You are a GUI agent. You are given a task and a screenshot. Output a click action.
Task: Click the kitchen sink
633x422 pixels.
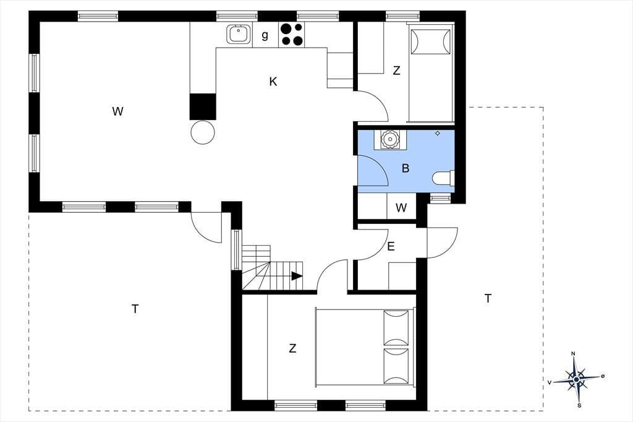click(x=239, y=34)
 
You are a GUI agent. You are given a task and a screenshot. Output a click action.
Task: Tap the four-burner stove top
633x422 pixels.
click(x=292, y=35)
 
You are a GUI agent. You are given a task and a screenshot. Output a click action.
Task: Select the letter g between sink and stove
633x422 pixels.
click(x=265, y=35)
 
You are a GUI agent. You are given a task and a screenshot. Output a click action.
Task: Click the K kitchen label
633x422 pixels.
click(x=273, y=82)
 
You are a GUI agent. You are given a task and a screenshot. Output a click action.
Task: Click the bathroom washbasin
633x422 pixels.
click(x=390, y=139)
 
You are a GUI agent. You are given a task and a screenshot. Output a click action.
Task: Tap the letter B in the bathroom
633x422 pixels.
click(x=406, y=168)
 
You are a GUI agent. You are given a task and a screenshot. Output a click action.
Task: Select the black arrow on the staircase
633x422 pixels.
click(x=297, y=276)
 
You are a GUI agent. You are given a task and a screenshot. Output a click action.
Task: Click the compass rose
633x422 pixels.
click(x=576, y=379)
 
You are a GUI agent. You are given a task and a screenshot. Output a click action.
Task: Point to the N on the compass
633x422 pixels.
click(x=573, y=354)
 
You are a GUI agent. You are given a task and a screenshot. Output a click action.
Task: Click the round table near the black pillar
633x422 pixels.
click(x=203, y=132)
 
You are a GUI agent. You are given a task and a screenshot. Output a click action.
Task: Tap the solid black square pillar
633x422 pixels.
click(x=203, y=106)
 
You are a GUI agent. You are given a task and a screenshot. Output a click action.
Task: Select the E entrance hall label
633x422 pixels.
click(x=391, y=246)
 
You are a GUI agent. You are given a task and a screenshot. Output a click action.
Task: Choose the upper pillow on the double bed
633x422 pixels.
click(x=396, y=328)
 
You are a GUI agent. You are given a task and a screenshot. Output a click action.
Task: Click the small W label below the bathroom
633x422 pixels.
click(x=401, y=208)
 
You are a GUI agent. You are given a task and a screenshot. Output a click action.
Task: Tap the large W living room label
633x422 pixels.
click(x=117, y=111)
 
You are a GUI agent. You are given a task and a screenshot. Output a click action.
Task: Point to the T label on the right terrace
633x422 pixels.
click(x=488, y=299)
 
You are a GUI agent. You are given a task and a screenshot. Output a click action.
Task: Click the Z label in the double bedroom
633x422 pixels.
click(x=292, y=348)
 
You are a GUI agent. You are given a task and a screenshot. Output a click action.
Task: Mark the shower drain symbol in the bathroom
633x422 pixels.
click(x=438, y=134)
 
